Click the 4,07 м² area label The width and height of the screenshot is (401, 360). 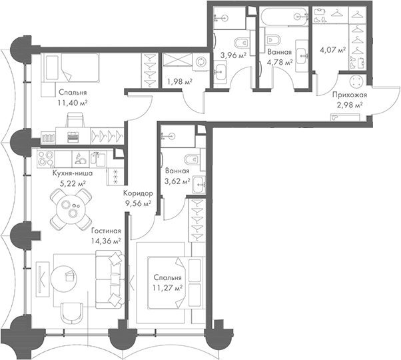click(x=333, y=49)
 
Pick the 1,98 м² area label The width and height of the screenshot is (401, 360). click(x=179, y=82)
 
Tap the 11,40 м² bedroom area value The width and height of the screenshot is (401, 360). click(x=75, y=103)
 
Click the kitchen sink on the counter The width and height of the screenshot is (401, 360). click(x=80, y=159)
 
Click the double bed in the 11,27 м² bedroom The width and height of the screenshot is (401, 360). click(x=163, y=279)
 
